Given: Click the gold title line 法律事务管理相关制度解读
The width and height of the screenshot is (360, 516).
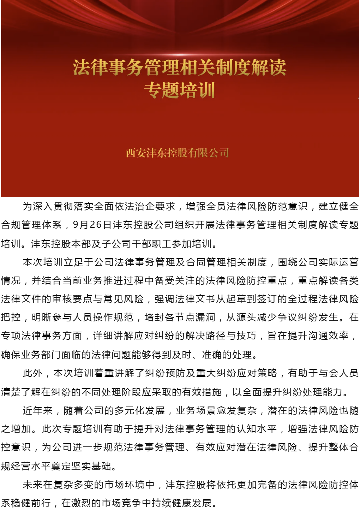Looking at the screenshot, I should coord(179,67).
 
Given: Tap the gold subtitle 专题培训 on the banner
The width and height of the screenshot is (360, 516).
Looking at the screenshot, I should coord(179,90).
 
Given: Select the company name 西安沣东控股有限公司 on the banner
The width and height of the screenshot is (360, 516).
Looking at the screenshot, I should coord(178,153).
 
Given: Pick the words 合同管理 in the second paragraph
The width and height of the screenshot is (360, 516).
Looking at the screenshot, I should coord(206,262).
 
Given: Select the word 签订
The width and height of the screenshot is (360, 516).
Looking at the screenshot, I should coord(267,299).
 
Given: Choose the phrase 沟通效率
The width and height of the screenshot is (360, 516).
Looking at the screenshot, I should coord(328,336).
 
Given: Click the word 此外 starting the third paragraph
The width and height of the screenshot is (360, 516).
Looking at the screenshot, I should coord(32,373).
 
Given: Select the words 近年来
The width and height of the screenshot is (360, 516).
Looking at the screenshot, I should coord(37,410).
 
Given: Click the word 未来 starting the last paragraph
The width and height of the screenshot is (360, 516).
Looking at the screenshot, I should coord(32,485).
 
